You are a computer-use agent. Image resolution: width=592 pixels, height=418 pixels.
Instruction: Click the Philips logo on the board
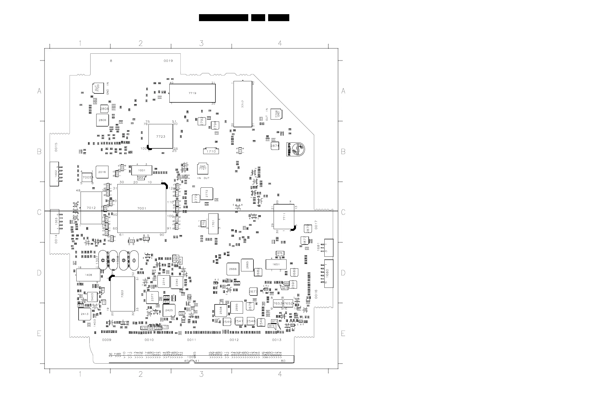(296, 149)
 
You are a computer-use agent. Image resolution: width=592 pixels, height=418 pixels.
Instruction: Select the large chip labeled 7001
(142, 208)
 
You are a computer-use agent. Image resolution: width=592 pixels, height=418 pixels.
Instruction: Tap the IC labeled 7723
(161, 136)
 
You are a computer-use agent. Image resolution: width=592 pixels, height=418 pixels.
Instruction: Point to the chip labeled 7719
(192, 93)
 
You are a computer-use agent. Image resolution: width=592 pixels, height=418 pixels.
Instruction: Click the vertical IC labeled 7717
(243, 104)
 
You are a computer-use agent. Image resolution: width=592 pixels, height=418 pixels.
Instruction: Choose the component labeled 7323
(122, 294)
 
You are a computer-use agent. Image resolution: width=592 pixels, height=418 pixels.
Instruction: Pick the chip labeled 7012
(91, 208)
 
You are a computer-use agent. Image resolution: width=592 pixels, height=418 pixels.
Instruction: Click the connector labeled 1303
(55, 221)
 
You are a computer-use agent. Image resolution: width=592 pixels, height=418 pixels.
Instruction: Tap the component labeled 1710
(211, 151)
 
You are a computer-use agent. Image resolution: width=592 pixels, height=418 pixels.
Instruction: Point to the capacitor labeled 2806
(102, 120)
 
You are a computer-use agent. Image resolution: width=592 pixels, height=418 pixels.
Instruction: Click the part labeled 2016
(102, 172)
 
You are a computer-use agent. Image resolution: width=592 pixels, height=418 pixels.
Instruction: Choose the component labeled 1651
(276, 264)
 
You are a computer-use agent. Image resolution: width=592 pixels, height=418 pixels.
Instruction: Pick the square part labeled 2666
(233, 269)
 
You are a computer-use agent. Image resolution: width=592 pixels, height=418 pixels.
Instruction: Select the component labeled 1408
(88, 275)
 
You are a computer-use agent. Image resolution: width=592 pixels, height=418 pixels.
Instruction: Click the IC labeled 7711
(284, 216)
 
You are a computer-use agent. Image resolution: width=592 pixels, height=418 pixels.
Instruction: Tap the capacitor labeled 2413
(85, 314)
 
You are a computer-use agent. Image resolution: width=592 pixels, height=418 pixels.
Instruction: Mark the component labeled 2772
(206, 194)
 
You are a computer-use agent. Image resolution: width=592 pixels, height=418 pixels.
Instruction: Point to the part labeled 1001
(142, 170)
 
